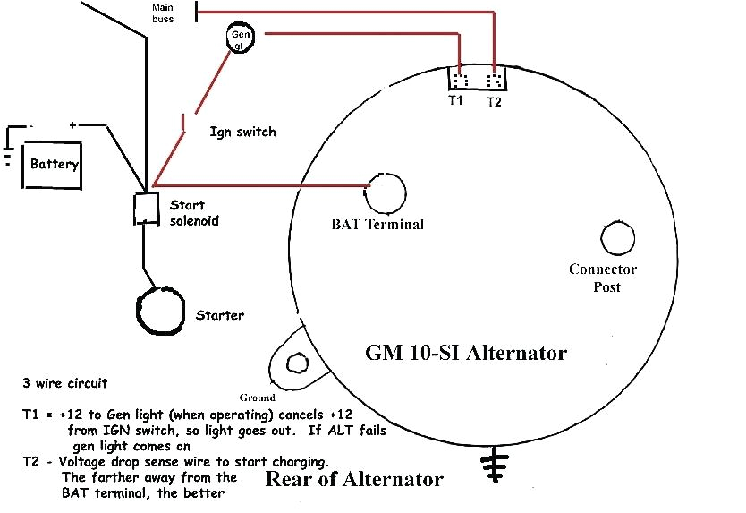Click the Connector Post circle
(x=618, y=239)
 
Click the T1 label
(x=455, y=100)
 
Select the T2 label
(x=495, y=102)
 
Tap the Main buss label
(x=163, y=12)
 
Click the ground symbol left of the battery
(x=9, y=157)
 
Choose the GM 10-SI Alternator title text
(x=465, y=352)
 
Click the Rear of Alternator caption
(x=353, y=479)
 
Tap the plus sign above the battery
(x=73, y=125)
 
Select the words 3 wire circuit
(x=64, y=383)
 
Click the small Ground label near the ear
(x=257, y=397)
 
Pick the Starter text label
(x=219, y=315)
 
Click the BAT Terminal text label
(x=377, y=224)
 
